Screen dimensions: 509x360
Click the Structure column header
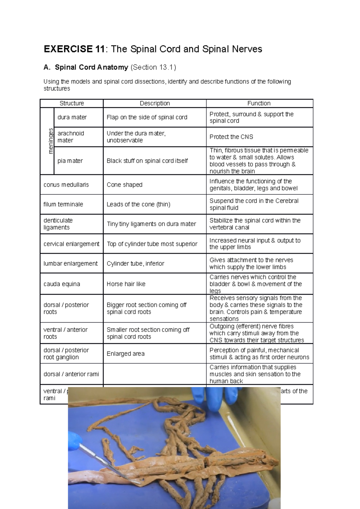[72, 103]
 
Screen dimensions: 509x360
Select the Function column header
[259, 103]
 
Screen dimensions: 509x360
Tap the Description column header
[154, 103]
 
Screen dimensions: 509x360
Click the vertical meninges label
[51, 141]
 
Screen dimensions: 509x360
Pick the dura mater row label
[72, 117]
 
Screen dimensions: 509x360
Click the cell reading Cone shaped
[124, 185]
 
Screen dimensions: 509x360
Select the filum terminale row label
[63, 204]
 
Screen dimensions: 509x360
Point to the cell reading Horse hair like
[126, 284]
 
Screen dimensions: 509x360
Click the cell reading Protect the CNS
[231, 137]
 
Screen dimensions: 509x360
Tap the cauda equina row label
[62, 284]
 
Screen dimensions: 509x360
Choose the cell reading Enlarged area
[125, 354]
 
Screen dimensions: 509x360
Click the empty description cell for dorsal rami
[154, 374]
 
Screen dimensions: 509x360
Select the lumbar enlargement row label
[70, 263]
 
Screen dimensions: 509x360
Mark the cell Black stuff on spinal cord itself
[147, 161]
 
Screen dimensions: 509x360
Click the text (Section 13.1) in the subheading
[153, 67]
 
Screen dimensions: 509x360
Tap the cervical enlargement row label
[71, 244]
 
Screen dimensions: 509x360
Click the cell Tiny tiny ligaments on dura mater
[151, 224]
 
